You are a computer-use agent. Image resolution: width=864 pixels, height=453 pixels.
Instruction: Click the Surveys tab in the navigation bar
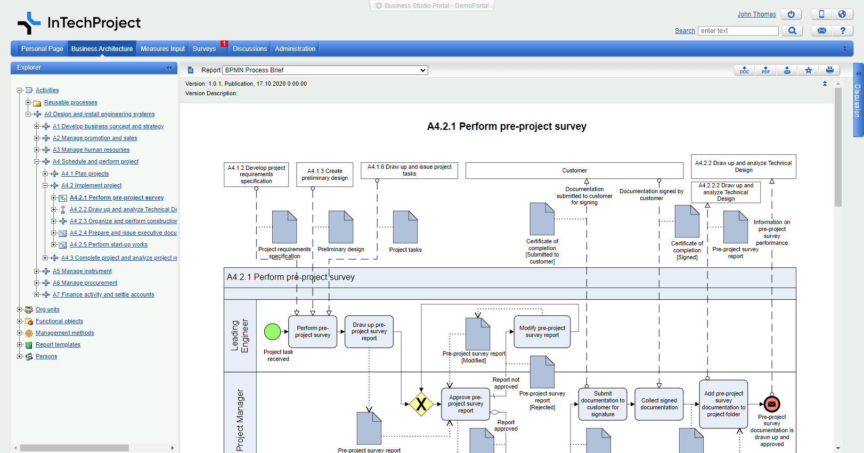click(x=205, y=49)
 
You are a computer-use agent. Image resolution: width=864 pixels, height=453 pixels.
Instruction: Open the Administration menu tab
click(x=295, y=49)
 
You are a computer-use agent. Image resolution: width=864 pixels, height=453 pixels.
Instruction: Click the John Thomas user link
click(x=756, y=14)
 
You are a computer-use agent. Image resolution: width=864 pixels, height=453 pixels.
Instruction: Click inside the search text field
click(x=738, y=31)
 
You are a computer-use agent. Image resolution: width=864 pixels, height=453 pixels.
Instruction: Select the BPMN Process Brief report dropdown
click(x=325, y=70)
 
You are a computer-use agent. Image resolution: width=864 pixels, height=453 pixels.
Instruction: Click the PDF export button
click(x=765, y=70)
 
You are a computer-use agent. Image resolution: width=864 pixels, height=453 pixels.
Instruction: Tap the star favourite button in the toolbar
click(x=809, y=70)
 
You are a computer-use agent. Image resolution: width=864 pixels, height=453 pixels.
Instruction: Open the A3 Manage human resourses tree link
click(x=91, y=150)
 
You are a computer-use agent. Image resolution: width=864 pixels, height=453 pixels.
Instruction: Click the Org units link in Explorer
click(x=47, y=309)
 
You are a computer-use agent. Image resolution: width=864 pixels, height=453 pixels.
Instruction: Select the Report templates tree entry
click(x=58, y=344)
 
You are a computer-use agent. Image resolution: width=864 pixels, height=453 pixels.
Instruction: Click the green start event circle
click(x=272, y=332)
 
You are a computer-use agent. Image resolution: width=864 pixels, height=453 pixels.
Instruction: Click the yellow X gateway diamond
click(x=421, y=404)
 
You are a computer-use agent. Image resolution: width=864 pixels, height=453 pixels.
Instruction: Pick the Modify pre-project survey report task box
click(x=542, y=332)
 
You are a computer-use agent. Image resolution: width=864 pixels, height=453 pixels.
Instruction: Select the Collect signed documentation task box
click(x=659, y=404)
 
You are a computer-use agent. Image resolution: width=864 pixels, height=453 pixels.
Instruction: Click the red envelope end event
click(x=772, y=404)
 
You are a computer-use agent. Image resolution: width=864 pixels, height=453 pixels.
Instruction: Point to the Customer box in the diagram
click(x=574, y=170)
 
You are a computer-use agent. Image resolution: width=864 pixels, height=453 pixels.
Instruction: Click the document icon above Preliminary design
click(x=341, y=227)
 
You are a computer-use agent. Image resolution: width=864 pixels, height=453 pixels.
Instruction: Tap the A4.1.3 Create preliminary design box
click(x=325, y=174)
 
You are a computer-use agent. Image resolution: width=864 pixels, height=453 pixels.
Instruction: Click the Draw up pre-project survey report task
click(x=369, y=332)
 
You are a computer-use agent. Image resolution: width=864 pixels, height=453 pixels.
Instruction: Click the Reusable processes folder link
click(x=71, y=102)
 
